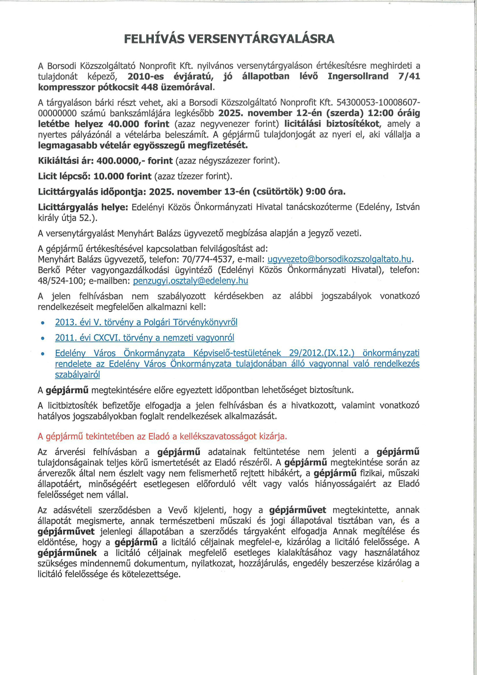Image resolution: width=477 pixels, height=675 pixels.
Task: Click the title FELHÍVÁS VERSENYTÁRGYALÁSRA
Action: pyautogui.click(x=229, y=39)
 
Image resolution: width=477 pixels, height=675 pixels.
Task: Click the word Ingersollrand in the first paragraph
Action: pyautogui.click(x=358, y=76)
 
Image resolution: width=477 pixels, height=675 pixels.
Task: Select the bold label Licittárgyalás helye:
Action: pyautogui.click(x=83, y=207)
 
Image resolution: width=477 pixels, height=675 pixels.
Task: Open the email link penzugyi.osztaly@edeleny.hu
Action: pyautogui.click(x=191, y=281)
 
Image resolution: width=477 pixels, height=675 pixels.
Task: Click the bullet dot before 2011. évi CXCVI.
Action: pyautogui.click(x=43, y=338)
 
